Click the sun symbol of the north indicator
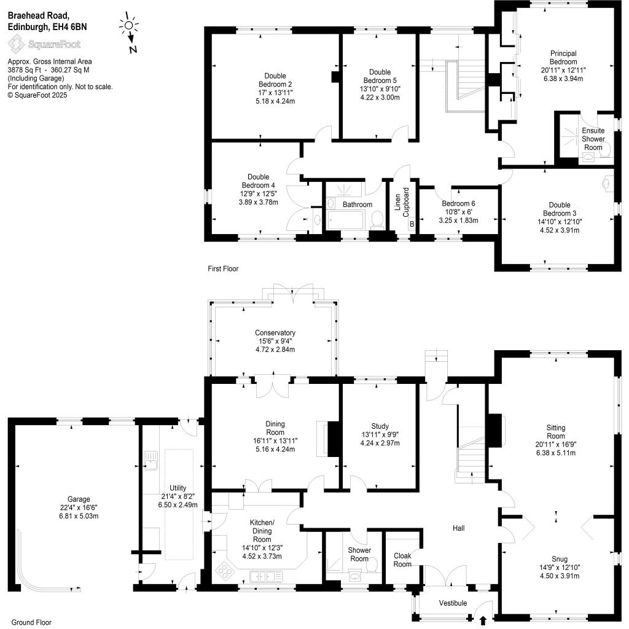pyautogui.click(x=129, y=26)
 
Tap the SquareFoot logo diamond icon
pyautogui.click(x=16, y=44)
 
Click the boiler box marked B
pyautogui.click(x=412, y=224)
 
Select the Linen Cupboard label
pyautogui.click(x=402, y=202)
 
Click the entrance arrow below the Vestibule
pyautogui.click(x=483, y=620)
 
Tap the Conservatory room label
pyautogui.click(x=275, y=332)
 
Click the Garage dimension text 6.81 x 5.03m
pyautogui.click(x=79, y=516)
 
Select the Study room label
pyautogui.click(x=380, y=426)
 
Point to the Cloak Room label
pyautogui.click(x=402, y=560)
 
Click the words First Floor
pyautogui.click(x=223, y=269)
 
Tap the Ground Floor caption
pyautogui.click(x=31, y=622)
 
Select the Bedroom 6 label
pyautogui.click(x=458, y=203)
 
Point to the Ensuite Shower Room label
pyautogui.click(x=593, y=139)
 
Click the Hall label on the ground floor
pyautogui.click(x=458, y=528)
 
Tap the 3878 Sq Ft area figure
pyautogui.click(x=25, y=70)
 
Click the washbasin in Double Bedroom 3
pyautogui.click(x=606, y=183)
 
